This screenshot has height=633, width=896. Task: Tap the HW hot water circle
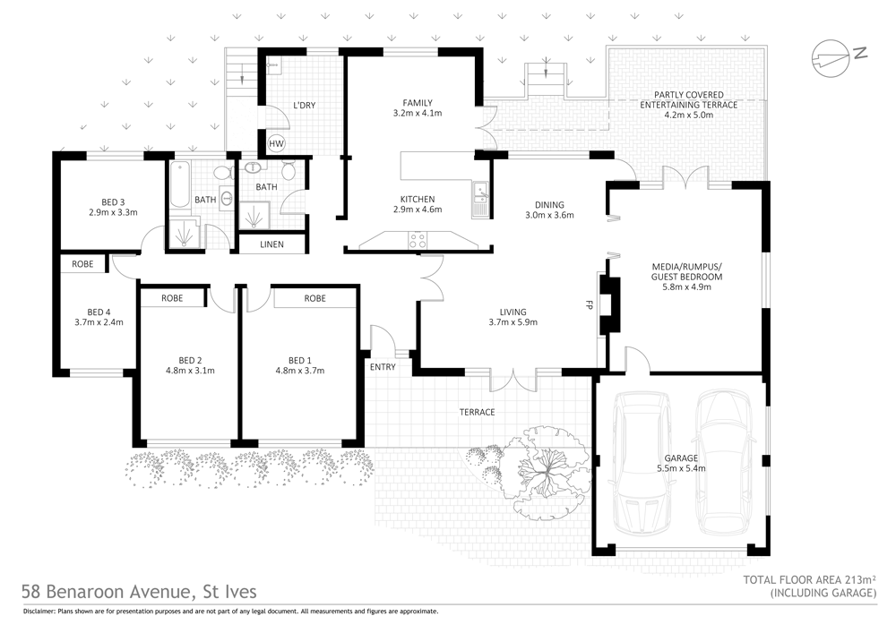[x=276, y=143]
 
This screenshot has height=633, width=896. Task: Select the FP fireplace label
[x=590, y=304]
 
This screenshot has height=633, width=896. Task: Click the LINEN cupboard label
[x=272, y=244]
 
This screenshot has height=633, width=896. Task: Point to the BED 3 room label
[x=107, y=201]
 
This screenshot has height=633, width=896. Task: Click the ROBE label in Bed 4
[x=82, y=264]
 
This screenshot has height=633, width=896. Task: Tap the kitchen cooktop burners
[x=418, y=239]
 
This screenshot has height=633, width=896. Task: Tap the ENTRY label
[x=383, y=366]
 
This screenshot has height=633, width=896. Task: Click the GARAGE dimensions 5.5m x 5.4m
[x=681, y=468]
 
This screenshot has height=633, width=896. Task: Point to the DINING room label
[x=549, y=203]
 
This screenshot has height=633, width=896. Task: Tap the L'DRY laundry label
[x=304, y=106]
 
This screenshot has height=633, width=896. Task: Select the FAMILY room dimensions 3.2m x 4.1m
[x=418, y=114]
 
